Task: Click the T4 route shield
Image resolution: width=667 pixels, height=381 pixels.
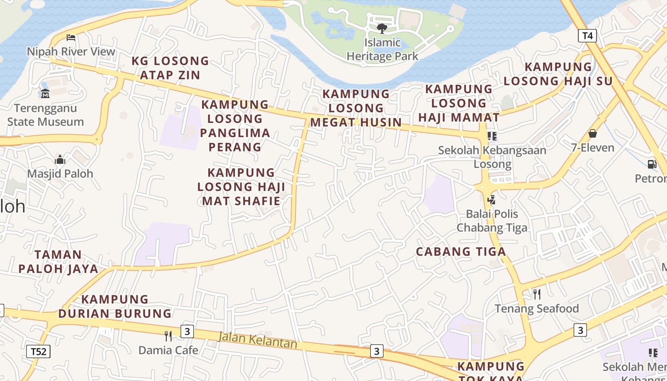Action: click(587, 36)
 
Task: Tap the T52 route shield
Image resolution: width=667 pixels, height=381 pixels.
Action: click(38, 352)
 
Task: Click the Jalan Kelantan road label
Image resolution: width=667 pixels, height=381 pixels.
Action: click(257, 340)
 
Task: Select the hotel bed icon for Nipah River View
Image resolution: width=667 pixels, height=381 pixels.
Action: click(71, 38)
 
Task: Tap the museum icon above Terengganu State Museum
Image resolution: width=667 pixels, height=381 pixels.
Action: click(45, 93)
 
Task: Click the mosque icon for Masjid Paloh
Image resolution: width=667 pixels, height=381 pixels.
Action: click(60, 159)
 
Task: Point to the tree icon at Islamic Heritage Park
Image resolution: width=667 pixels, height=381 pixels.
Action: click(382, 29)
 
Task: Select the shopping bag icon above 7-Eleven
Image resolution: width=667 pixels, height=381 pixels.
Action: click(593, 133)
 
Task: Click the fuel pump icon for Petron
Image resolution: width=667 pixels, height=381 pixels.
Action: click(652, 164)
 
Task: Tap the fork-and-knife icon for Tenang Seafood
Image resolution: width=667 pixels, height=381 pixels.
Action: click(536, 294)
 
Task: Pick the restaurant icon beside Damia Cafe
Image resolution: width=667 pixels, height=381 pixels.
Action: click(168, 336)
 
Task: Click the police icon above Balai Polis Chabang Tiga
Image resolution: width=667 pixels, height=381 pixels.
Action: click(492, 200)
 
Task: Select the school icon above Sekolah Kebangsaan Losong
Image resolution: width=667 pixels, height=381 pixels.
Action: click(492, 136)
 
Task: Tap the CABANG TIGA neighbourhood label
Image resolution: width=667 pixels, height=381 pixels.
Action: click(461, 252)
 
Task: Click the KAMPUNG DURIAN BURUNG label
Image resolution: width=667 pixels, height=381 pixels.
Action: click(115, 306)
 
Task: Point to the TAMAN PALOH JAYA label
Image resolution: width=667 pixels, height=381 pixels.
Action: click(58, 261)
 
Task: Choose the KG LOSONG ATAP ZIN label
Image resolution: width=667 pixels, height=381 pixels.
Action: click(170, 68)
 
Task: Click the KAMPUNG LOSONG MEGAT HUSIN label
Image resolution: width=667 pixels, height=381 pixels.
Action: click(356, 108)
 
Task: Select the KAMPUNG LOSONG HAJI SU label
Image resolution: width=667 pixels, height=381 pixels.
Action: click(558, 74)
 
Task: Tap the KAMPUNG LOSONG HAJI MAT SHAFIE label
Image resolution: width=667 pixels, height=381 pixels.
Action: click(241, 186)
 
